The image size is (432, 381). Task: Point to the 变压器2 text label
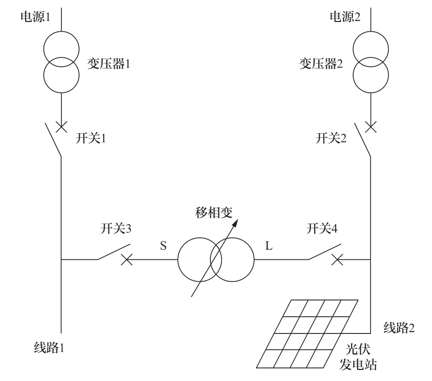pyautogui.click(x=321, y=64)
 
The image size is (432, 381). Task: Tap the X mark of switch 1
pyautogui.click(x=61, y=126)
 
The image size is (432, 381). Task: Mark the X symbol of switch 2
pyautogui.click(x=371, y=126)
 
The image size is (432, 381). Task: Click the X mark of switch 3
pyautogui.click(x=126, y=259)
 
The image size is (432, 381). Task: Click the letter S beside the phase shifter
pyautogui.click(x=163, y=246)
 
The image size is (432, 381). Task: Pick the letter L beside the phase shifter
pyautogui.click(x=269, y=246)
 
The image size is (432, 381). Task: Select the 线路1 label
pyautogui.click(x=49, y=347)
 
